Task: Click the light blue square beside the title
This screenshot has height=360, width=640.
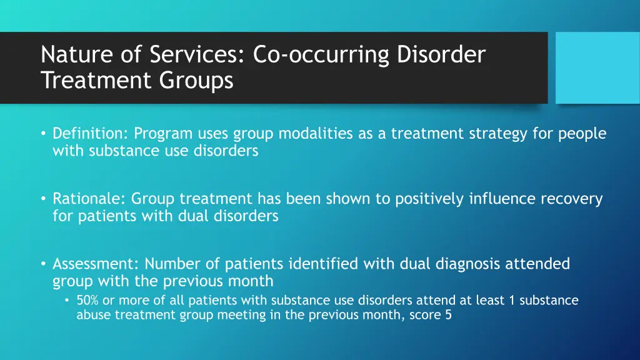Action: point(597,67)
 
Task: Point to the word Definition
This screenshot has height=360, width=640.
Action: point(90,134)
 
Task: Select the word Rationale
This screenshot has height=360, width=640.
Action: point(89,199)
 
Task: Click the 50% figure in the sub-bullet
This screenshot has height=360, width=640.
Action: point(87,301)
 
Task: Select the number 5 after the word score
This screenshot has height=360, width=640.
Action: point(448,316)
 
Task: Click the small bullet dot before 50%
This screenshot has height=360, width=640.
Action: point(67,301)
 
